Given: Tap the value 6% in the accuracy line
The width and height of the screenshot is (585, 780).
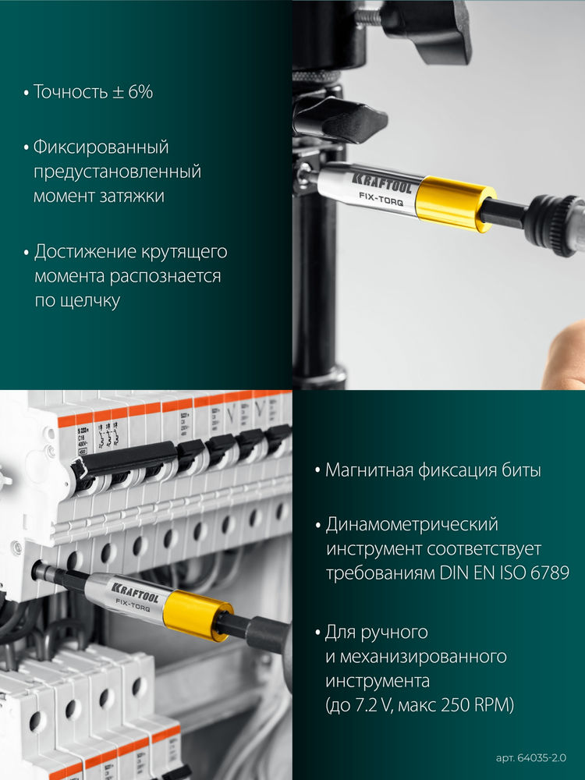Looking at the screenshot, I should (x=139, y=92).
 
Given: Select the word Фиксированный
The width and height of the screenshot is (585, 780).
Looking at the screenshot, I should (x=101, y=147).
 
